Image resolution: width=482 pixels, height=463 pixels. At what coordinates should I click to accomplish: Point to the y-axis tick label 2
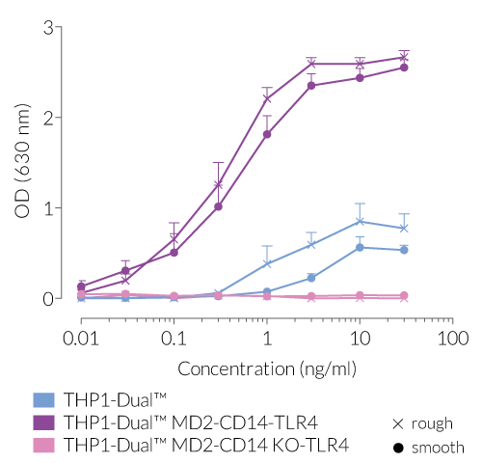pos(47,118)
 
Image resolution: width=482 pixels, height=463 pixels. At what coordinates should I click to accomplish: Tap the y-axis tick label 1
pos(47,207)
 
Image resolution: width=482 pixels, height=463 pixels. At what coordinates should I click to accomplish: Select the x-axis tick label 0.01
pos(81,339)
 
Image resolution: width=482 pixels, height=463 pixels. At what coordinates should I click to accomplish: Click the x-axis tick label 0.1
pos(174,339)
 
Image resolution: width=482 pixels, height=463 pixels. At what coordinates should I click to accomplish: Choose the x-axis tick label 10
pos(360,339)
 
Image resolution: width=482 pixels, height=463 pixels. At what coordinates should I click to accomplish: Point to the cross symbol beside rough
pos(396,423)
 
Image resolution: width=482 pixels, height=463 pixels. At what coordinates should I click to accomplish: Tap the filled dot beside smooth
pos(396,448)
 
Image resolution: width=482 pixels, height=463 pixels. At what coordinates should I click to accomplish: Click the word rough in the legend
pos(431,423)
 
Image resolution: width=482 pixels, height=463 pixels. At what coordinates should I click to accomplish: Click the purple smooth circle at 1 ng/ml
pos(267,134)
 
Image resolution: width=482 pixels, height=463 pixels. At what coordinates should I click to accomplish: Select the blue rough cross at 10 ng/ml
pos(360,222)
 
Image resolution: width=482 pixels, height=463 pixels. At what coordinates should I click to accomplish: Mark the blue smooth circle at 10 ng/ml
pos(360,247)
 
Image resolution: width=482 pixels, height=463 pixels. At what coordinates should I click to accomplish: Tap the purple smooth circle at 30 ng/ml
pos(404,68)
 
